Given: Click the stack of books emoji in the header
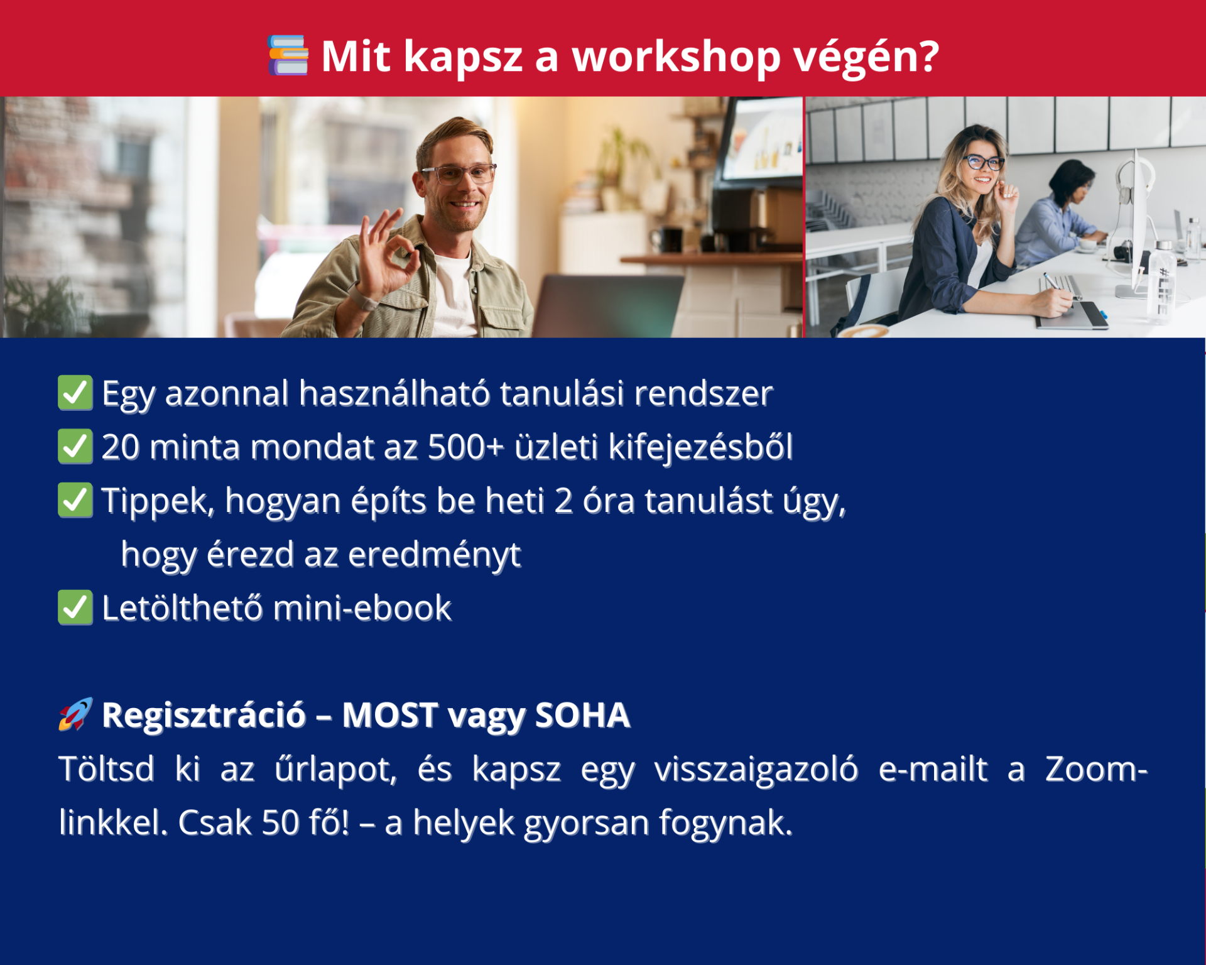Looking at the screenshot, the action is coord(288,55).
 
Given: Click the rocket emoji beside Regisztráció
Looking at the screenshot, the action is coord(75,714).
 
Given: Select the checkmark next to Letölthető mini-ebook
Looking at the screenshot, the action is coord(75,608).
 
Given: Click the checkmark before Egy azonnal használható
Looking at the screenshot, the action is coord(75,393).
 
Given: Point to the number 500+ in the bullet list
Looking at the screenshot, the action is coord(466,447).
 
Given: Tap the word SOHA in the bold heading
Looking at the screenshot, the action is coord(582,716).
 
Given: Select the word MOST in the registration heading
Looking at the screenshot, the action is coord(390,716).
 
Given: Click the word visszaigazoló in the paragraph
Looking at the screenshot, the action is coord(756,770).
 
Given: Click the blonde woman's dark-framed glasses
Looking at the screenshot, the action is coord(983,163).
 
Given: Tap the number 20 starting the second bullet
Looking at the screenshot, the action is coord(120,447).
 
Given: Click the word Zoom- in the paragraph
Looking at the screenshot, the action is coord(1096,770).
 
